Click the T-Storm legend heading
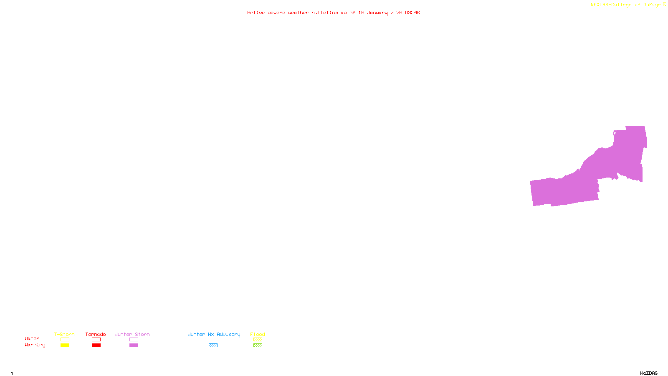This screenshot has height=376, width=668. pyautogui.click(x=64, y=334)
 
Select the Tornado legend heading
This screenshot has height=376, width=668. pyautogui.click(x=96, y=334)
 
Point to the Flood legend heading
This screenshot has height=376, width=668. pyautogui.click(x=258, y=334)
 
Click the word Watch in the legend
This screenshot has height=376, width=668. pyautogui.click(x=32, y=338)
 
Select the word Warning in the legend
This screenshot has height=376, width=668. pyautogui.click(x=35, y=345)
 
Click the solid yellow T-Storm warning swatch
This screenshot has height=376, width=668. pyautogui.click(x=65, y=346)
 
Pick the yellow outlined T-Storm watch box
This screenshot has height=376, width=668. pyautogui.click(x=65, y=340)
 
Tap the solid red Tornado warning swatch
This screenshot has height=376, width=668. pyautogui.click(x=96, y=346)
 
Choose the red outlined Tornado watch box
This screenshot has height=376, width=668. pyautogui.click(x=96, y=340)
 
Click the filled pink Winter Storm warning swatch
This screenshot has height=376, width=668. pyautogui.click(x=134, y=346)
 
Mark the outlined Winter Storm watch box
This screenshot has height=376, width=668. pyautogui.click(x=134, y=340)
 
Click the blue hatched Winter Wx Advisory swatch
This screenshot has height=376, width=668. pyautogui.click(x=213, y=346)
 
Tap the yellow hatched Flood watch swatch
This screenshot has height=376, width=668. pyautogui.click(x=258, y=340)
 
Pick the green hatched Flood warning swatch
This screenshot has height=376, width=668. pyautogui.click(x=258, y=346)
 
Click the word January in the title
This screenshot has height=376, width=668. pyautogui.click(x=377, y=13)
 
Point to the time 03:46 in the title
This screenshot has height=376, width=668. pyautogui.click(x=412, y=13)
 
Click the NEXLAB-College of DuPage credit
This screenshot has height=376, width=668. pyautogui.click(x=626, y=5)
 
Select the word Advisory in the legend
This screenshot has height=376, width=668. pyautogui.click(x=228, y=334)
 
